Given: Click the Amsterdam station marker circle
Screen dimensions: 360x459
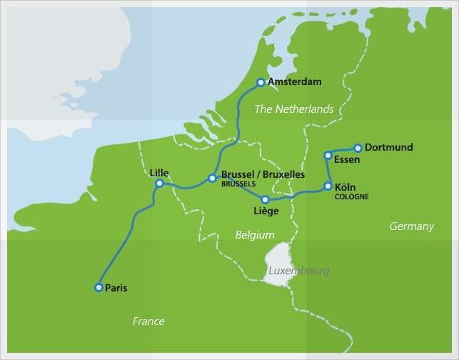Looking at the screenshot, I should coord(261,82).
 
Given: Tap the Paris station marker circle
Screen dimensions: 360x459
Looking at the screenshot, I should coord(99,288).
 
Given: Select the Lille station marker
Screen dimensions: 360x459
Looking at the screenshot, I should coord(159,184).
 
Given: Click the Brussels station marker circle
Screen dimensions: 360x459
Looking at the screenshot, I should coord(212,178).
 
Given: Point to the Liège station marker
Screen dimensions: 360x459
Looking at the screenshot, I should coord(265,200).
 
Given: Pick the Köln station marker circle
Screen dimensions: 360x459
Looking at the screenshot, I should coord(328,186).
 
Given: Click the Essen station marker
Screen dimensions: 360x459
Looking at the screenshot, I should coord(328,155).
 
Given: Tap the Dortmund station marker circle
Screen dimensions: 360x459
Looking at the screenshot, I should coord(358,148).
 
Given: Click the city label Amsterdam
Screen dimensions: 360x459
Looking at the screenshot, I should coord(294,82).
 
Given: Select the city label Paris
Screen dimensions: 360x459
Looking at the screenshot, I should coord(116,288).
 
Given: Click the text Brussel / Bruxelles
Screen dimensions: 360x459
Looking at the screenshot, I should coord(263,174).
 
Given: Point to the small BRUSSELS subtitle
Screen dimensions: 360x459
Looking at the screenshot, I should coord(238,184).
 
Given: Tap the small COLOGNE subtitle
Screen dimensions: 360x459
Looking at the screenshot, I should coord(351,196).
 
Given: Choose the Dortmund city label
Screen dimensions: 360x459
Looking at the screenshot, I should coord(388,148).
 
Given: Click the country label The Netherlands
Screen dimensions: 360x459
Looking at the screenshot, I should coord(294,109).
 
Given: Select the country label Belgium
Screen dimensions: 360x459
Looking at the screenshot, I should coord(255,234).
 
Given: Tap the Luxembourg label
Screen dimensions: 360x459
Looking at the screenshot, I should coord(298,271).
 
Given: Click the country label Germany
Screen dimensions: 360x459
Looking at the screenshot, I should coord(411,226).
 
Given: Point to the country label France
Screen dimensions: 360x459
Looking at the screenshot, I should coord(148,321).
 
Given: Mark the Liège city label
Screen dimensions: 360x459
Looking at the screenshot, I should coord(266,211).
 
